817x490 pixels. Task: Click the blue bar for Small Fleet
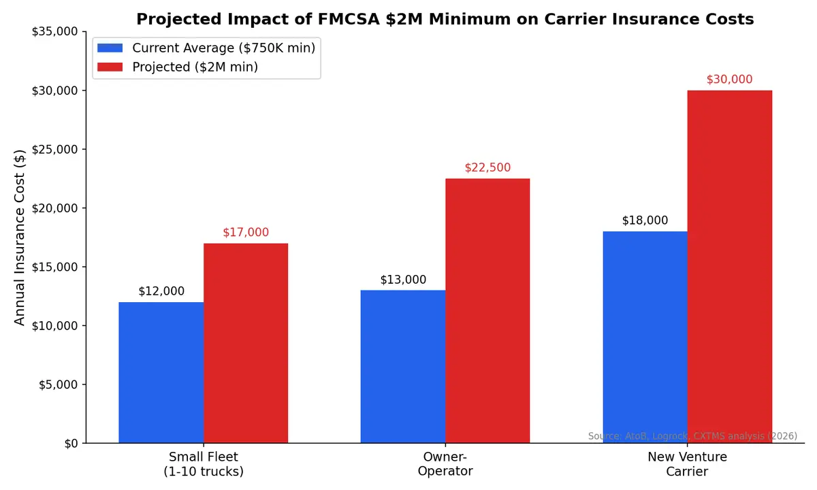[161, 372]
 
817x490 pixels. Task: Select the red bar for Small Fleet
[245, 343]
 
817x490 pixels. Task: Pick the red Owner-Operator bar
[487, 310]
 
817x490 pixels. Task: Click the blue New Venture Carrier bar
[645, 337]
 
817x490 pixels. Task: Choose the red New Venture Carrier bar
[729, 266]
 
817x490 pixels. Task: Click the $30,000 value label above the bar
[729, 80]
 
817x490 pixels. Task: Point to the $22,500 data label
[487, 168]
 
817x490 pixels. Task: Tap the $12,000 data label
[161, 291]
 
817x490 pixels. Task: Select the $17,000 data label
[246, 233]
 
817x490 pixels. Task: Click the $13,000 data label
[403, 280]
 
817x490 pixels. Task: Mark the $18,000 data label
[645, 221]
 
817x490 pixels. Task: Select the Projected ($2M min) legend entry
[195, 67]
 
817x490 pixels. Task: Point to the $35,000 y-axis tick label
[54, 32]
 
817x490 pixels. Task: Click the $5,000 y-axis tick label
[57, 385]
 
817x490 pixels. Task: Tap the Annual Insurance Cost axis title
[20, 237]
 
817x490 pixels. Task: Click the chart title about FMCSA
[445, 19]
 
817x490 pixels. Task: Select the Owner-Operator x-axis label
[445, 463]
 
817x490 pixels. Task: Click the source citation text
[692, 436]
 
